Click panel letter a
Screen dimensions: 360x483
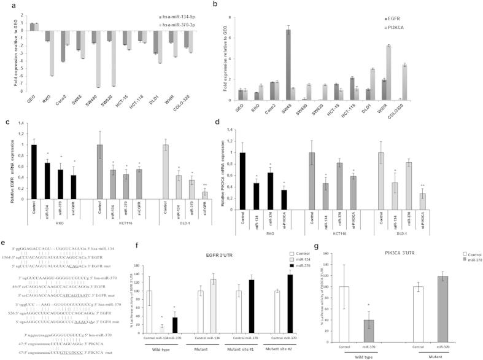coord(7,5)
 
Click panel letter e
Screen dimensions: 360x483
coord(6,245)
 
